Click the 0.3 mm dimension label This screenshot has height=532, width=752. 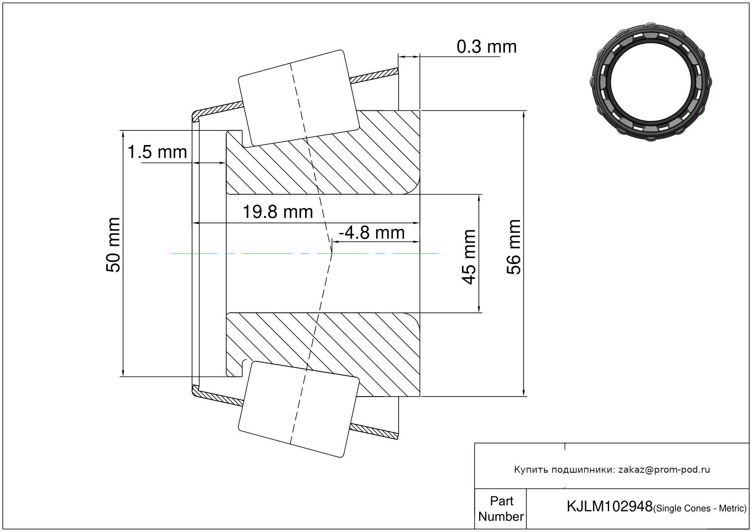click(x=486, y=47)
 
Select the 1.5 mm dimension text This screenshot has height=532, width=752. click(x=157, y=152)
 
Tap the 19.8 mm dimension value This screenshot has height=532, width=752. click(x=277, y=212)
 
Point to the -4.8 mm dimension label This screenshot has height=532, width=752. click(x=371, y=233)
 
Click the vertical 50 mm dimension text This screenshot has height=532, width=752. click(x=113, y=245)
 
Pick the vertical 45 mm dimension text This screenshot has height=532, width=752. click(x=469, y=257)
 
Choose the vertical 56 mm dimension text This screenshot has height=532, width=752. click(x=513, y=247)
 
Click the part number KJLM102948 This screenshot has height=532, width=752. click(x=609, y=506)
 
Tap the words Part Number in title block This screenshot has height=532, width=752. click(x=501, y=509)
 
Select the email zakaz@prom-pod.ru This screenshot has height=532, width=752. click(x=664, y=470)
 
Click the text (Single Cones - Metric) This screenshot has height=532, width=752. click(x=700, y=508)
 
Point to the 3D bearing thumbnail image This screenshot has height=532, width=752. click(x=651, y=82)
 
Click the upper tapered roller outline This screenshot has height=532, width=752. click(x=299, y=98)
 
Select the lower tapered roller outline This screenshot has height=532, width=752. click(x=299, y=409)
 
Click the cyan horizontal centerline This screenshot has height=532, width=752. click(x=274, y=253)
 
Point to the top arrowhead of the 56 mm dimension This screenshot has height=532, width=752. click(x=524, y=114)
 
